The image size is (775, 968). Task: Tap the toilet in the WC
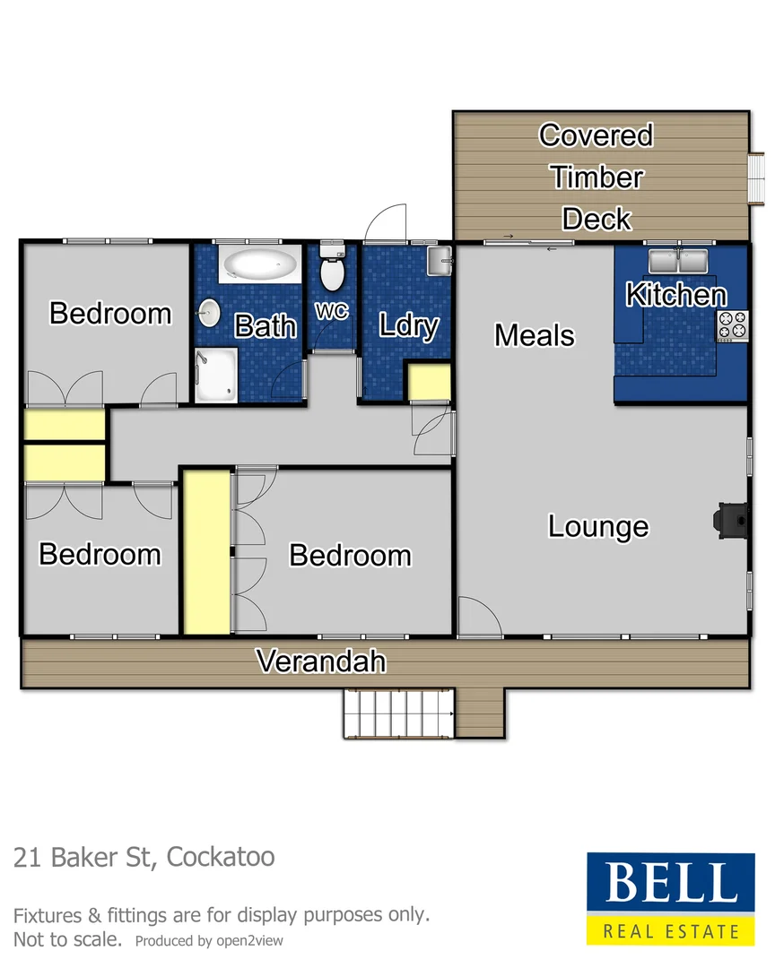pos(332,270)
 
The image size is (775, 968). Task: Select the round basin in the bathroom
pos(209,313)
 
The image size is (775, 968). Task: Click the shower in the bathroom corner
pos(216,376)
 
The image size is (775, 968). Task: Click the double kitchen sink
pos(678,262)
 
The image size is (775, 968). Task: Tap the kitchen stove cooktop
pos(732,324)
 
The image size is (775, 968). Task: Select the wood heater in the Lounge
pos(728,519)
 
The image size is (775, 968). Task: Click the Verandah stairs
pos(398,713)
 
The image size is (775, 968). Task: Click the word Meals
pos(534,335)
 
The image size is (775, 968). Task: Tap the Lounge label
pos(597,526)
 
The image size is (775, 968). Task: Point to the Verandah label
pos(321,661)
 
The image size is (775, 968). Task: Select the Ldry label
pos(408,324)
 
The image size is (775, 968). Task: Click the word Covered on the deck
pos(596,135)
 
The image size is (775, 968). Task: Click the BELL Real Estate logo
pos(664,897)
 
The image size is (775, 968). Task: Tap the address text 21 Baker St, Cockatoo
pos(144,856)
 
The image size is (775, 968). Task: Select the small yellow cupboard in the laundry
pos(428,383)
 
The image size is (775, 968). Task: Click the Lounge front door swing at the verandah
pos(475,618)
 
